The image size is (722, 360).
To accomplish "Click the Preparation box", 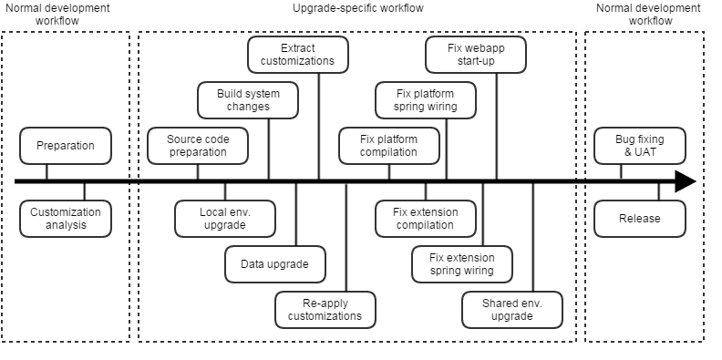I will [x=66, y=146].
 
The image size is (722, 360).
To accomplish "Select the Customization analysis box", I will [x=66, y=219].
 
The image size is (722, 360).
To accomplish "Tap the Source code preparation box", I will [x=198, y=146].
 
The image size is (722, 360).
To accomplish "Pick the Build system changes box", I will [x=248, y=99].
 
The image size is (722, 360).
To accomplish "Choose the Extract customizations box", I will [x=298, y=55].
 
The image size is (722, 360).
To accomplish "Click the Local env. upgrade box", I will [x=224, y=219].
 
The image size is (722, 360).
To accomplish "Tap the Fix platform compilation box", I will [x=388, y=146].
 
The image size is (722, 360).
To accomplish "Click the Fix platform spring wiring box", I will [x=426, y=99].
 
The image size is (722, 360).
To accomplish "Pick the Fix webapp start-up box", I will [x=476, y=55].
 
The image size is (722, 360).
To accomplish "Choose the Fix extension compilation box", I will [x=426, y=219].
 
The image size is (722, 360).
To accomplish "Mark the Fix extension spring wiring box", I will [x=461, y=264].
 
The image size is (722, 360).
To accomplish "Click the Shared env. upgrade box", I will [x=511, y=310].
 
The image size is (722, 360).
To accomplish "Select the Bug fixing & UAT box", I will [x=640, y=146].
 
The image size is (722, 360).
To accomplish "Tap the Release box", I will [x=640, y=219].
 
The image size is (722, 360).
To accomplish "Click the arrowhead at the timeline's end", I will [x=686, y=182].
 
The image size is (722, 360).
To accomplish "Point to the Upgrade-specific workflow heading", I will [x=357, y=8].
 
